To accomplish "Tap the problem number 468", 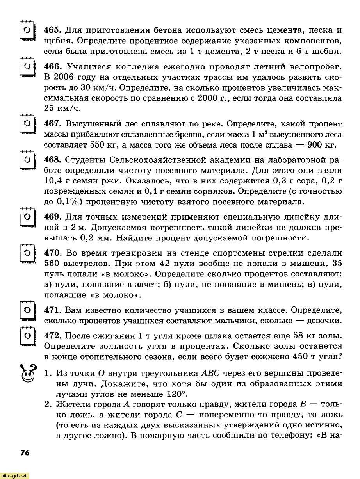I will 53,160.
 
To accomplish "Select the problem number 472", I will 53,336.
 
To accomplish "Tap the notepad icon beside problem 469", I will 27,217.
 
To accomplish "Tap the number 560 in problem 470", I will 53,264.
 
